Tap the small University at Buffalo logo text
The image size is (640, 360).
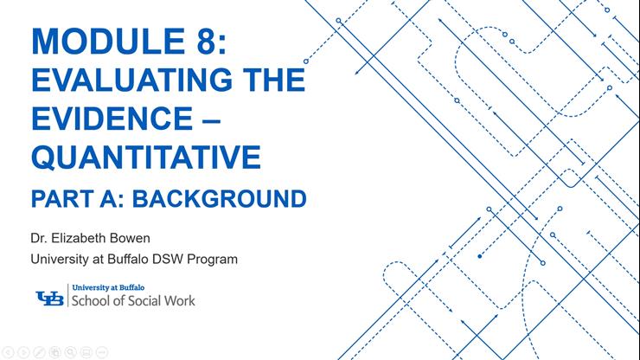click(103, 288)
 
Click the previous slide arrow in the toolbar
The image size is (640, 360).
click(9, 352)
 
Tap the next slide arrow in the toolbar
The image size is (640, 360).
click(24, 352)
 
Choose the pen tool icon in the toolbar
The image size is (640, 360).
click(40, 352)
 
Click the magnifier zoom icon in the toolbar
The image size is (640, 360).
click(71, 352)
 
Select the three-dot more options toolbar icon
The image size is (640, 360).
click(102, 352)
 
